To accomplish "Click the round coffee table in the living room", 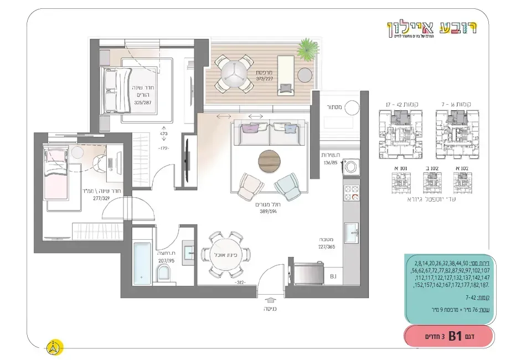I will click(270, 161).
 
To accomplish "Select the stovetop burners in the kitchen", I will click(352, 192).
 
